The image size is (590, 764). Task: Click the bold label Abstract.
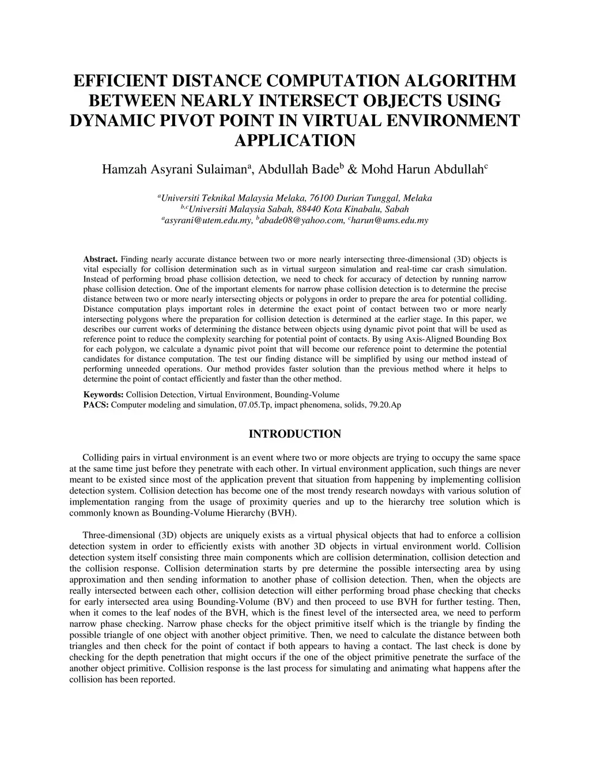click(x=101, y=259)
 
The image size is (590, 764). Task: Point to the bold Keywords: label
click(x=104, y=395)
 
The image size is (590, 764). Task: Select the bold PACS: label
click(x=96, y=405)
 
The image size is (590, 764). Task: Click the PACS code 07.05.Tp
click(x=255, y=405)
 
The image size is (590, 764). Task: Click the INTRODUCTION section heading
click(x=294, y=434)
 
